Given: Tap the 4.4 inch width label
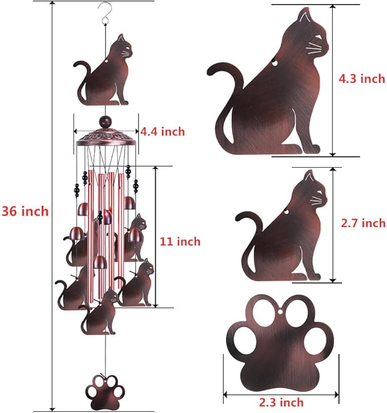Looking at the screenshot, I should coord(162,132).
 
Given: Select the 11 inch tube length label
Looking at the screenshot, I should coord(180,241).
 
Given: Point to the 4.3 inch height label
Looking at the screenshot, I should coord(362,79).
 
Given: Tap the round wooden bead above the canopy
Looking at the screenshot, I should coord(105,122).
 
